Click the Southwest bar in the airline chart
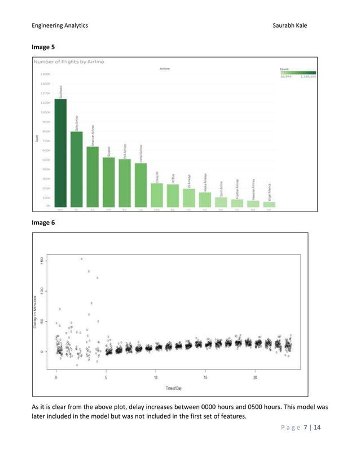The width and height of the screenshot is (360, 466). pyautogui.click(x=60, y=152)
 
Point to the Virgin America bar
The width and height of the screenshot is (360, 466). pyautogui.click(x=270, y=204)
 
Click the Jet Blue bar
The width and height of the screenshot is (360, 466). pyautogui.click(x=173, y=195)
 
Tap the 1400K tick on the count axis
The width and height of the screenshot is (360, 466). pyautogui.click(x=46, y=74)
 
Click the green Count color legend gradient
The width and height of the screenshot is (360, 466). pyautogui.click(x=297, y=72)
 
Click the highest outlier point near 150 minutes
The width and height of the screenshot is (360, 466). pyautogui.click(x=82, y=258)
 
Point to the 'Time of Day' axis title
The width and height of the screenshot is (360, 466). pyautogui.click(x=174, y=388)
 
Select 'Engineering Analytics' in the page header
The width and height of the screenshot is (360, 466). pyautogui.click(x=60, y=25)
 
